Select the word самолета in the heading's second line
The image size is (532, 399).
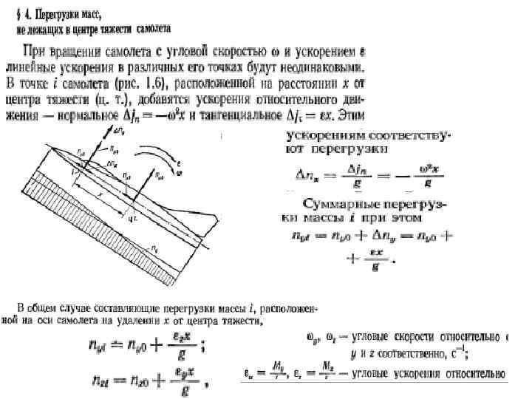pos(149,30)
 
